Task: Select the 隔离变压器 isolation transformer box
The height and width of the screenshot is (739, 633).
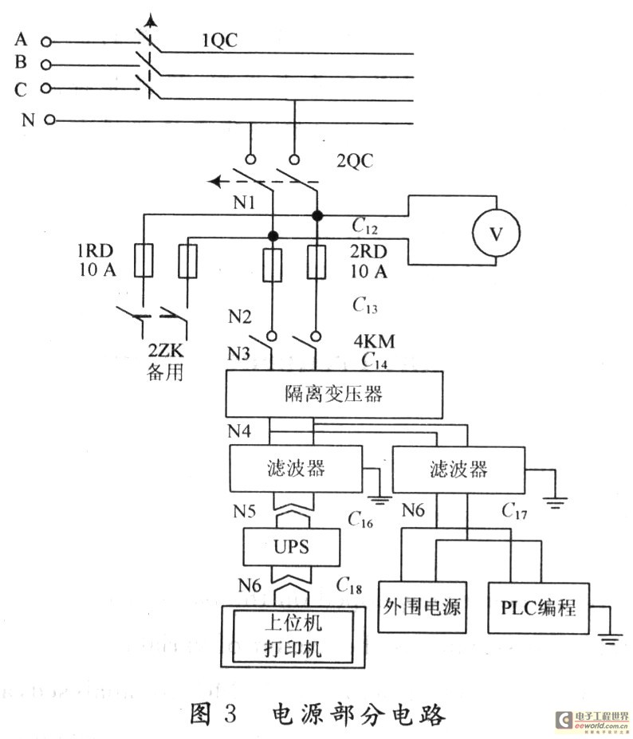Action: (x=334, y=394)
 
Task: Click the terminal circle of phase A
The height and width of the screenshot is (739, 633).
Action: (x=46, y=40)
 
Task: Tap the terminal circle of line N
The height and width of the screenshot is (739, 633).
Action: (x=50, y=120)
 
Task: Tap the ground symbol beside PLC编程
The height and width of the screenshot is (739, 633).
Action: (x=609, y=635)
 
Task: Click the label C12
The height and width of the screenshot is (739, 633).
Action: (x=364, y=226)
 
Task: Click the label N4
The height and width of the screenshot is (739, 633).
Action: (x=240, y=431)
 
